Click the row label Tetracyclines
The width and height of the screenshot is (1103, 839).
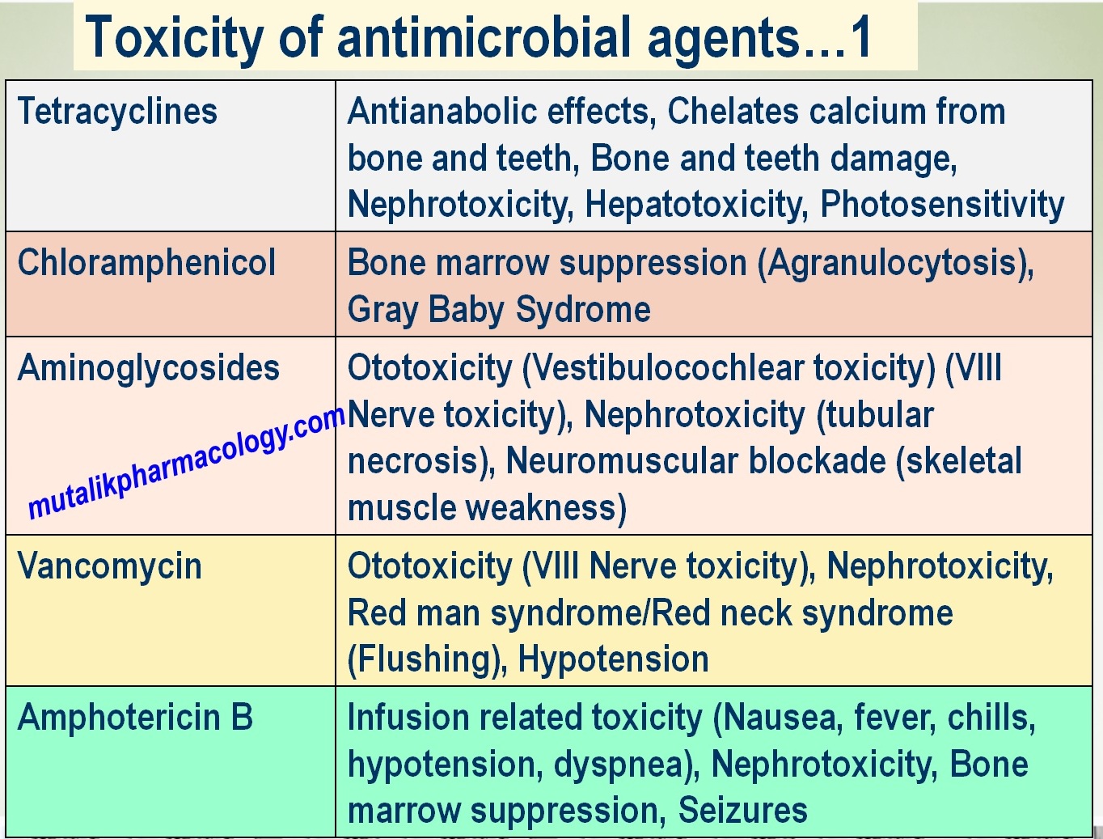(117, 112)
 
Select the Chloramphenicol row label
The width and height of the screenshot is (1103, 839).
(146, 263)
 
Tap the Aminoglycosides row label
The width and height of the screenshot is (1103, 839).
(149, 368)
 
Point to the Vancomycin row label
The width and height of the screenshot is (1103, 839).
(109, 566)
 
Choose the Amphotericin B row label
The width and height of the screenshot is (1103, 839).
(135, 718)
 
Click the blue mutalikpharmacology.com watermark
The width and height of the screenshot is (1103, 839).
(187, 461)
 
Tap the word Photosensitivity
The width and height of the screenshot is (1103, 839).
(942, 205)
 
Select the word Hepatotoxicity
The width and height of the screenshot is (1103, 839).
(696, 205)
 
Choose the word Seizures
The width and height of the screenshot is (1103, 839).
(742, 811)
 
